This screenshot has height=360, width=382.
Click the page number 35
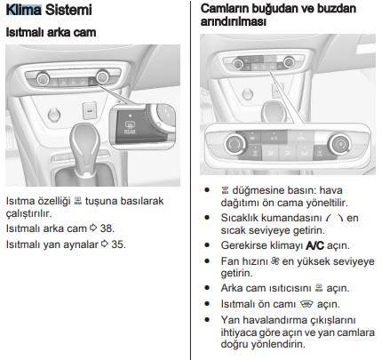117,244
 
